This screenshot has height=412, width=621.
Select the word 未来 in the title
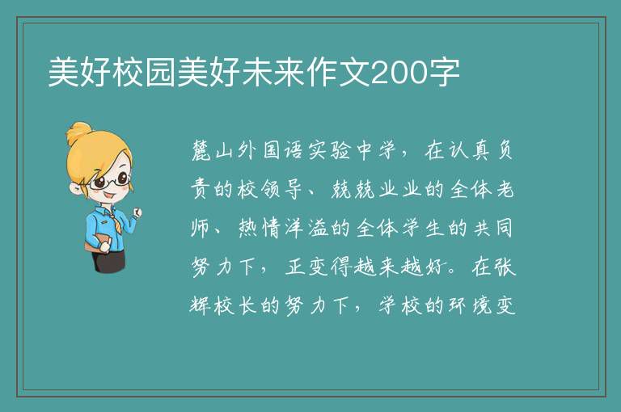click(x=273, y=72)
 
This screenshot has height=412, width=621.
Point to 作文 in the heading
click(x=338, y=72)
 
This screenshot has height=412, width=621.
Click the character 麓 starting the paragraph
click(x=202, y=150)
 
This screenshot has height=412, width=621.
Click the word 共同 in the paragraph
click(x=492, y=228)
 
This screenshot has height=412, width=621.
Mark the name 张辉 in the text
click(x=505, y=267)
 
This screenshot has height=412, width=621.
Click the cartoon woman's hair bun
click(x=78, y=132)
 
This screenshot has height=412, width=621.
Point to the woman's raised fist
click(x=137, y=212)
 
